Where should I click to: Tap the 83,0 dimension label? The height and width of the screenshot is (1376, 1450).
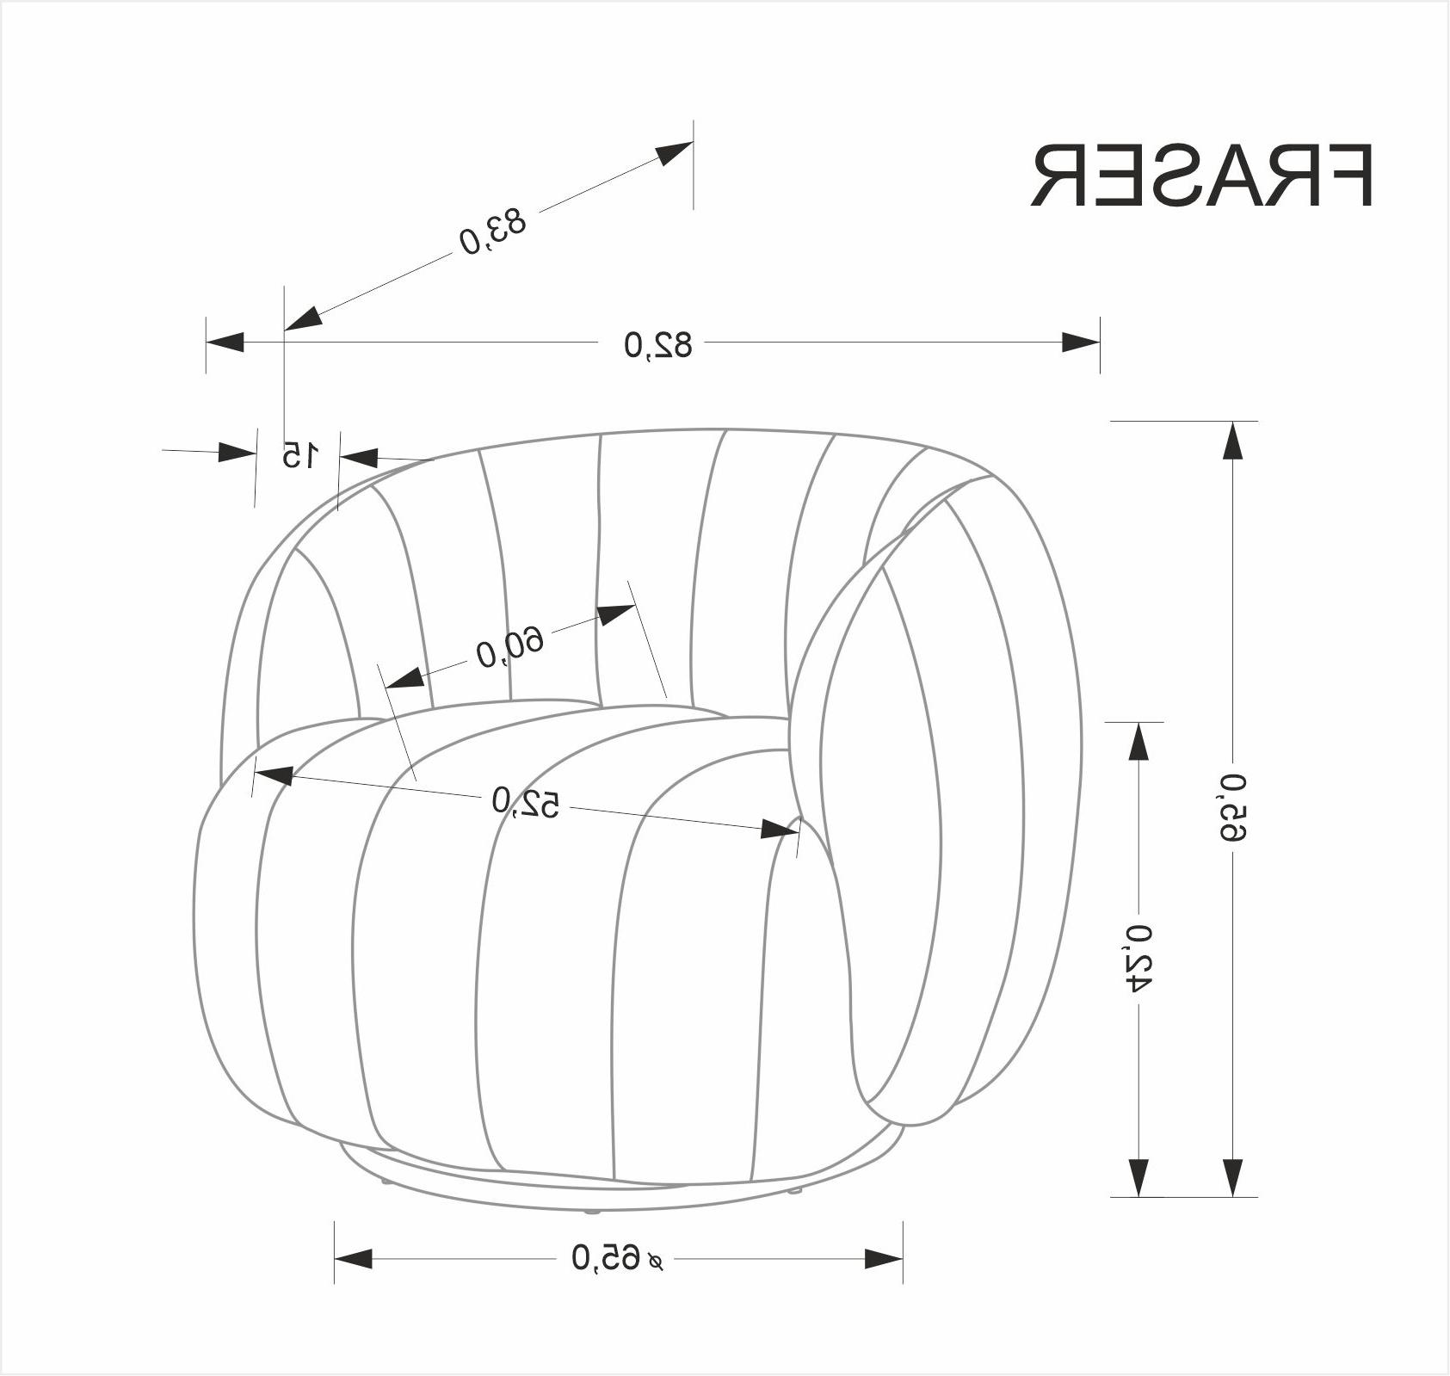(x=492, y=231)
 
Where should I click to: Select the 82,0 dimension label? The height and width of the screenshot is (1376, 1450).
(x=657, y=344)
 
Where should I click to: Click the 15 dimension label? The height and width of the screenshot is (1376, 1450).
(x=299, y=454)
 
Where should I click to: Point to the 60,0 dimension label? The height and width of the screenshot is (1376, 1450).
(x=510, y=646)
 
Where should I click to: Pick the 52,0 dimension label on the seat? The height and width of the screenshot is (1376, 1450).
(x=525, y=802)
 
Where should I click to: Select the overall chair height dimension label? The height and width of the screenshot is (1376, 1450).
(x=1233, y=807)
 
